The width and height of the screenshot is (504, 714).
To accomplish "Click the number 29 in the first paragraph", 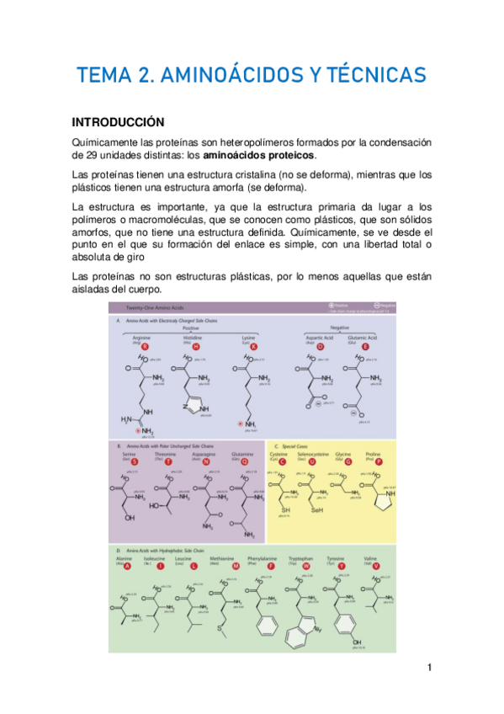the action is (84, 156).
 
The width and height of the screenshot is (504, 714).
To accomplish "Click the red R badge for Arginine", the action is (146, 346).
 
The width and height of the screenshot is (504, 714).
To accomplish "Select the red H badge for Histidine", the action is (197, 346).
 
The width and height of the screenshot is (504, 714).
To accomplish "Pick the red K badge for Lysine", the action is (253, 346).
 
